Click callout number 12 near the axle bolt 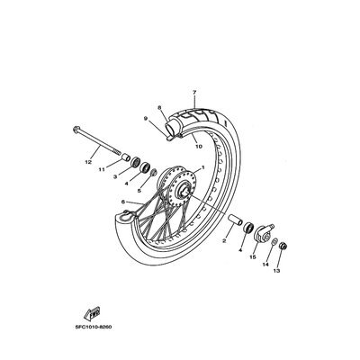click(88, 162)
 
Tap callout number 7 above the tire click(194, 93)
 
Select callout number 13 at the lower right click(276, 271)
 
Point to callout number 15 click(253, 257)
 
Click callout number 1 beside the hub click(202, 167)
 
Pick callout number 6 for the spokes click(123, 202)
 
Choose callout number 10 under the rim click(199, 147)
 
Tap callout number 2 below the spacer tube click(224, 240)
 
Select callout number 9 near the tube click(146, 119)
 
